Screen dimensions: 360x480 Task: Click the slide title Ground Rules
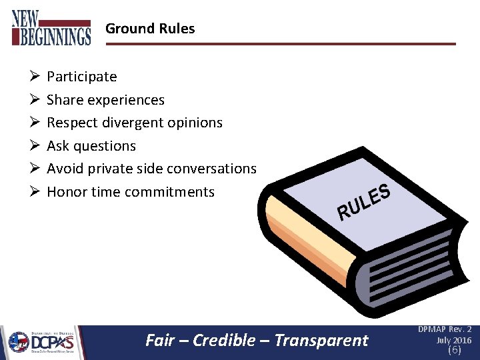click(150, 29)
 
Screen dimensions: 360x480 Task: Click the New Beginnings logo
click(51, 27)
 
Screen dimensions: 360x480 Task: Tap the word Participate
click(81, 77)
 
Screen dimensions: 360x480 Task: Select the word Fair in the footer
click(160, 341)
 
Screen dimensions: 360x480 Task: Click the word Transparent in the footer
click(321, 341)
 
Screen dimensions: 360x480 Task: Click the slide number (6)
click(454, 350)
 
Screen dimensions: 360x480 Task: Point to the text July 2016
click(453, 340)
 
